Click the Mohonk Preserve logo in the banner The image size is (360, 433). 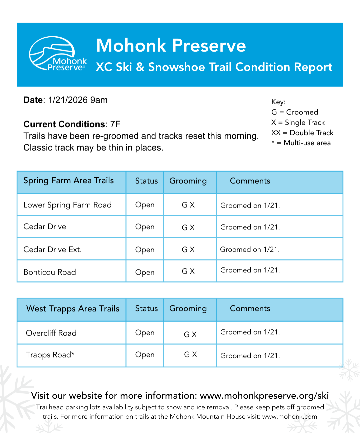point(58,54)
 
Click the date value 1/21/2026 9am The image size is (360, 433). point(78,100)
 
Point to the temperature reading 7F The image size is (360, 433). point(115,125)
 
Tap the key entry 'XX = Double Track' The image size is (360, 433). point(302,133)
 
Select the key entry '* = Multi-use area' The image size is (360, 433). point(301,143)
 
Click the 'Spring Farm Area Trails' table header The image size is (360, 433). point(69,181)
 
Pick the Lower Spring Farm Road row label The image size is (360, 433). point(67,205)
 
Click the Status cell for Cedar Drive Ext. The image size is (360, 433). point(145,250)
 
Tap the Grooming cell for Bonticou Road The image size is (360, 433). point(188,271)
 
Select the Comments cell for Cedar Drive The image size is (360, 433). point(250,227)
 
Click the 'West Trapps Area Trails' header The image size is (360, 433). point(73,309)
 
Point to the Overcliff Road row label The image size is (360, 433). point(51,333)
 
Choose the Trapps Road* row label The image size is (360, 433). point(50,355)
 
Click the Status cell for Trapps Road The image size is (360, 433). point(145,355)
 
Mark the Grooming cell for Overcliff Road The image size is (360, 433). point(190,334)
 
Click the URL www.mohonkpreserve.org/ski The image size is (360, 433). point(264,396)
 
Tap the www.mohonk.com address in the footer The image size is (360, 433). point(290,417)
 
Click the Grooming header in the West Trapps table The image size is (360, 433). point(188,309)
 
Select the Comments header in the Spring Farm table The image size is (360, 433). point(250,181)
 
